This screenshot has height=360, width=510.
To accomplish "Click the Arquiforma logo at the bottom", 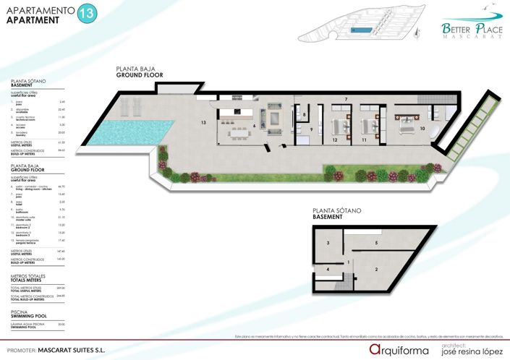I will pos(400,349).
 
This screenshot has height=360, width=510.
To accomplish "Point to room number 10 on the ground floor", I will pos(422,129).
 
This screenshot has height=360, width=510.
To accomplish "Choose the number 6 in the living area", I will pos(254,125).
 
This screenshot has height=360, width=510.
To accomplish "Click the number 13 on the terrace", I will pos(204,123).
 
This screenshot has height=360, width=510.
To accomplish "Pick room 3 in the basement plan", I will pos(328,244).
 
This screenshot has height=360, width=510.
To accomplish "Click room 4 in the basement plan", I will pos(328,269).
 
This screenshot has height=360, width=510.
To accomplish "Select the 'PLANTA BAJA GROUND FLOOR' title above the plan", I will pos(140,72).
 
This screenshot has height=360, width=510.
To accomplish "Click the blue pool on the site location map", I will pos(360,30).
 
